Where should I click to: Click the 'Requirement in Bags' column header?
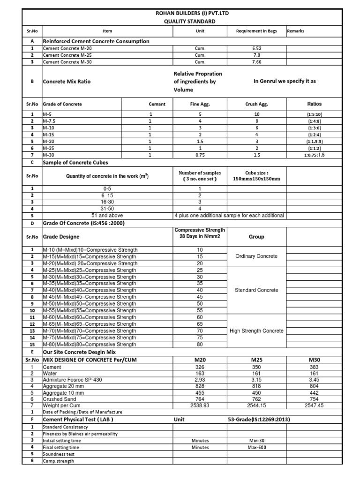(256, 31)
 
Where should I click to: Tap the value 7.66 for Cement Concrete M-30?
(256, 62)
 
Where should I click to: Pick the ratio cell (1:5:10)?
(314, 114)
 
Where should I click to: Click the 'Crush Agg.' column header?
(256, 104)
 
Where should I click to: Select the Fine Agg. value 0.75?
(200, 155)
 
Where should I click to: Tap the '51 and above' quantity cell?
(108, 215)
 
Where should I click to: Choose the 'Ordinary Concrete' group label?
(256, 256)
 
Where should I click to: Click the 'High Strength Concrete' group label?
(256, 331)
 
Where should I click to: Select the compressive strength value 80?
(200, 345)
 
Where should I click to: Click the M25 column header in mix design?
(256, 359)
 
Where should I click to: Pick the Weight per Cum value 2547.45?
(314, 405)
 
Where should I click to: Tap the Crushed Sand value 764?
(200, 399)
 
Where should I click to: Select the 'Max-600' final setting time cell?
(256, 447)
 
